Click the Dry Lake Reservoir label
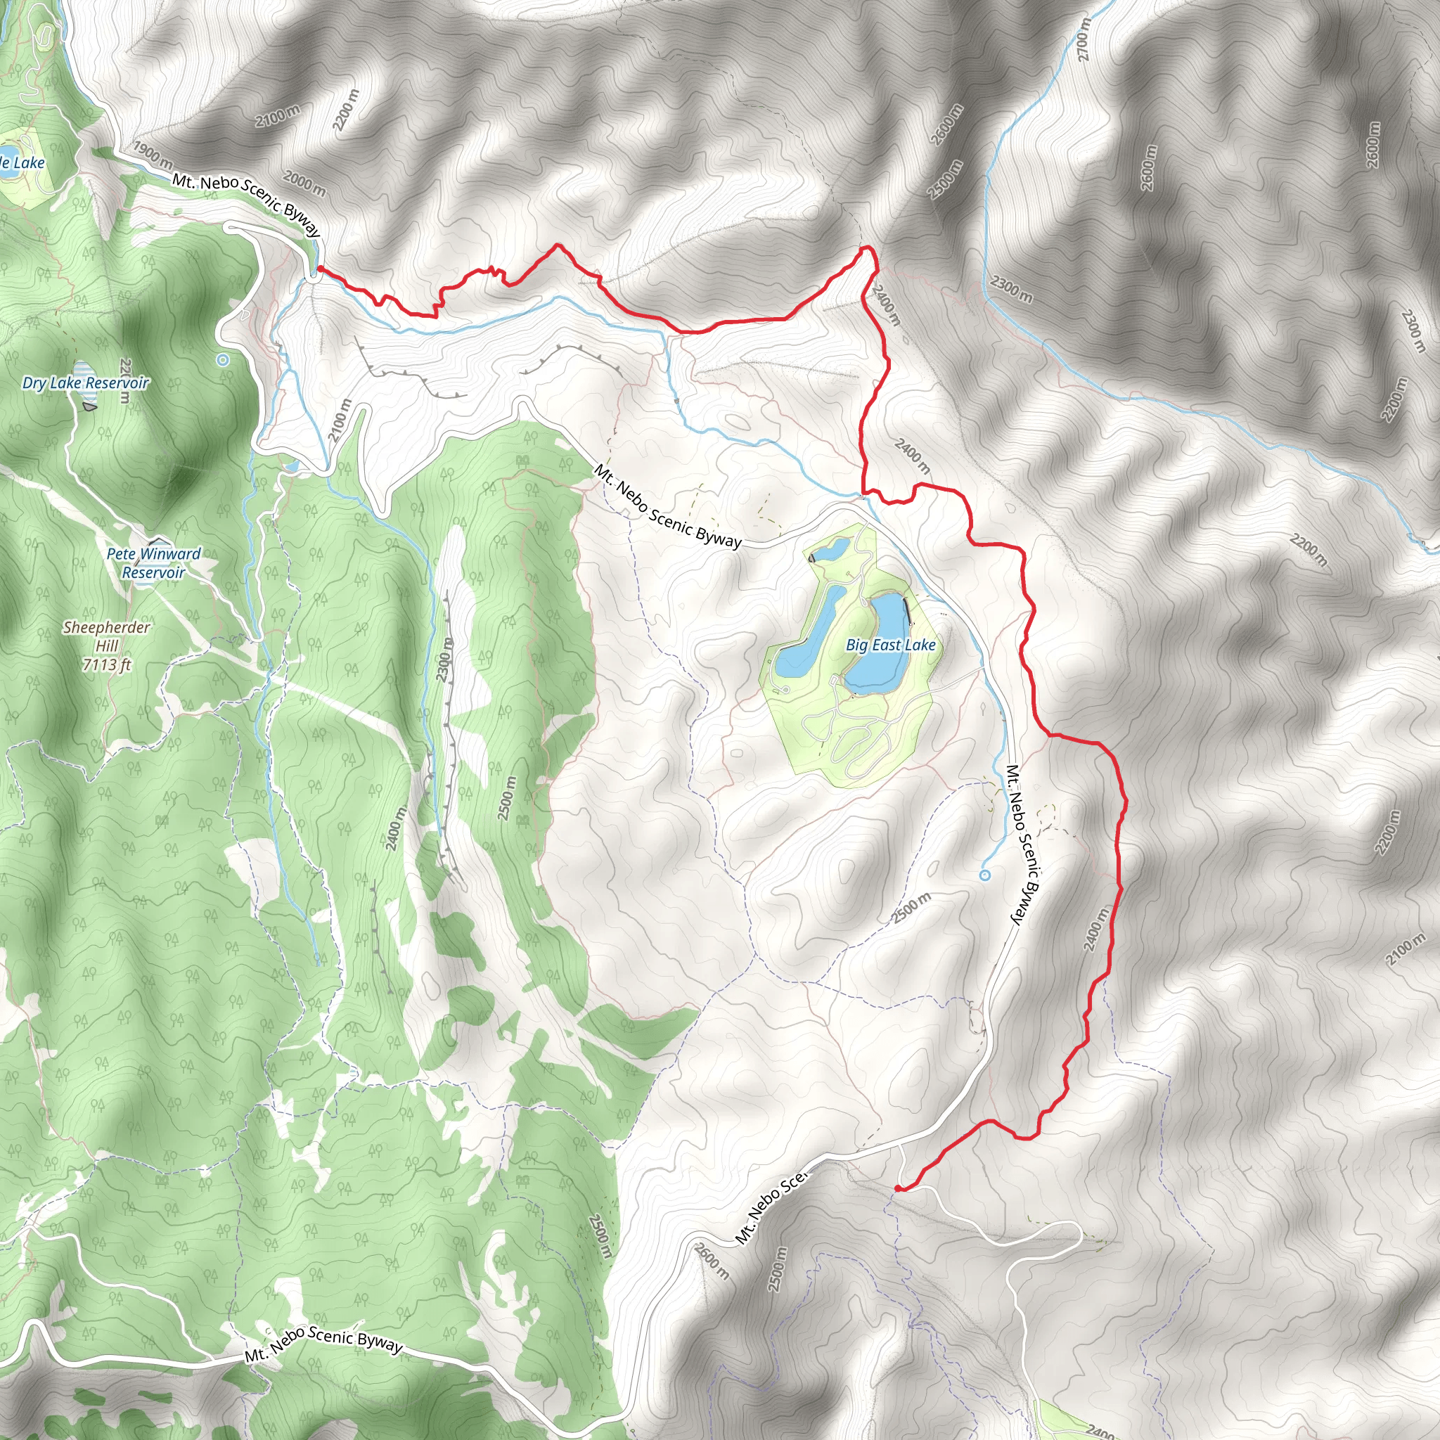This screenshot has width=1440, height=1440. [86, 383]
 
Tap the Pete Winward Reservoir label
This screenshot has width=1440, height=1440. [153, 562]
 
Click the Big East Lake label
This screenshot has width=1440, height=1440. [891, 645]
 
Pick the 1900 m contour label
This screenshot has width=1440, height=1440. [152, 153]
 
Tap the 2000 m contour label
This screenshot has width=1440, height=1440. [304, 184]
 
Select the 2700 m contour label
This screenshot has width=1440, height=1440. [1083, 39]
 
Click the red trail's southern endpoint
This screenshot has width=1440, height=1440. [898, 1188]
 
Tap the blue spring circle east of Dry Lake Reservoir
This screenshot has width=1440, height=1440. [222, 360]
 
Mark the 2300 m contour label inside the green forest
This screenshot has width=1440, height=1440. [444, 660]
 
